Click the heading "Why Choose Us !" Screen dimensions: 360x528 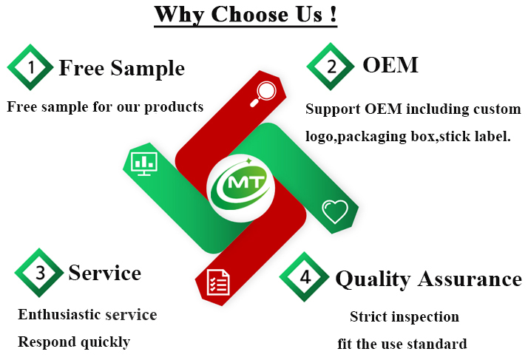(246, 15)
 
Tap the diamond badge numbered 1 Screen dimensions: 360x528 (30, 68)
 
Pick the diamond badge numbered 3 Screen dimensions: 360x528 (40, 273)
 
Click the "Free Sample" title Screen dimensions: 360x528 (121, 68)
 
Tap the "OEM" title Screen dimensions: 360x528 (390, 65)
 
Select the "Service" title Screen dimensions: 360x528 (104, 273)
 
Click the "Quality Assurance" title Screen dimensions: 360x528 (428, 279)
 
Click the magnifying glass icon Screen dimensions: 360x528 (264, 92)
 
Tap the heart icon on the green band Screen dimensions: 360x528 (334, 212)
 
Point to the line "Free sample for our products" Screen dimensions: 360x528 (105, 106)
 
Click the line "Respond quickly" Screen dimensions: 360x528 (74, 342)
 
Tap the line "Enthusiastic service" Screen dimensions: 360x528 (87, 315)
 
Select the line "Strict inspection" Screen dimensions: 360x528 (404, 317)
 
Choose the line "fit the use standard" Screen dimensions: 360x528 (402, 344)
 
